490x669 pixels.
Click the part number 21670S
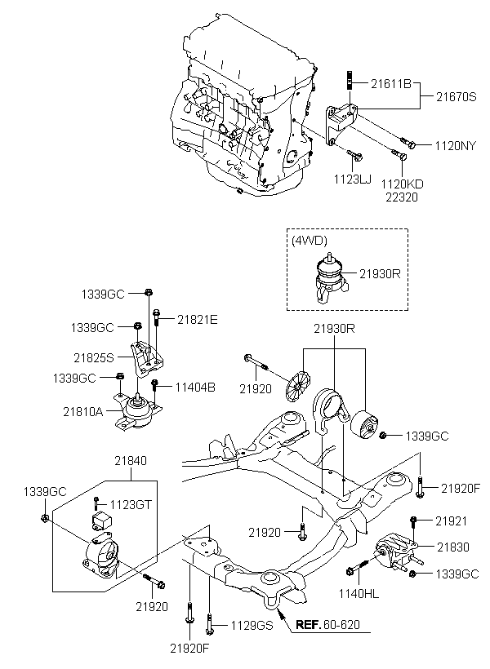[454, 97]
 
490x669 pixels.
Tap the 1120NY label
[454, 146]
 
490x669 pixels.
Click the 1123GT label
[131, 504]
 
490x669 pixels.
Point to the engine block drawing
[237, 106]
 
